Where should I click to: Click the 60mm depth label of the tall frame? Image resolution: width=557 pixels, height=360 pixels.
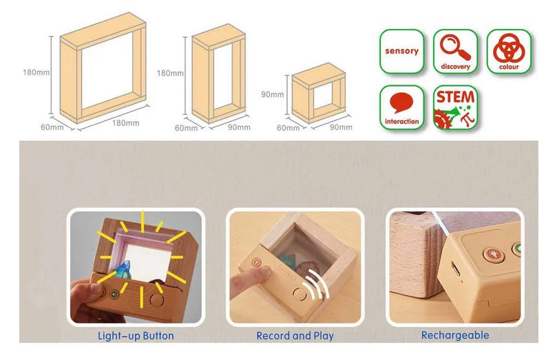point(186,128)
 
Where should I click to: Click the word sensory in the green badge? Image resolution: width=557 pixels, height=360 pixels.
point(401,51)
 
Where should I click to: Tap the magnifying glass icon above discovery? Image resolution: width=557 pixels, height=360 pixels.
point(455,47)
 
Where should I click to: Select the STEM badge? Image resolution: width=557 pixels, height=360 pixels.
point(455,107)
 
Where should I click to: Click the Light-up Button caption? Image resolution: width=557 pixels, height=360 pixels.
point(136,336)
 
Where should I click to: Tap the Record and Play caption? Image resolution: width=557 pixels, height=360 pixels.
point(295,336)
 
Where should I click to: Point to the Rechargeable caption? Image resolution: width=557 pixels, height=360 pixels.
point(455,335)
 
